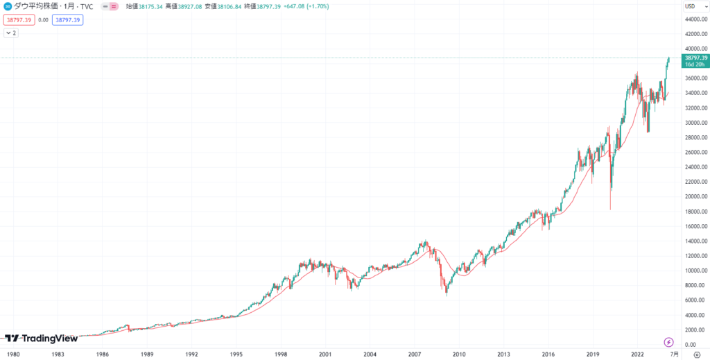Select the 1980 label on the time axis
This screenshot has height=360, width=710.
click(x=14, y=353)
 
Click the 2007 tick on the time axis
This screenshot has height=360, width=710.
click(x=414, y=353)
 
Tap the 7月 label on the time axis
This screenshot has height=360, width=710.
click(x=675, y=353)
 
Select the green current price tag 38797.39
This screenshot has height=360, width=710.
click(x=695, y=58)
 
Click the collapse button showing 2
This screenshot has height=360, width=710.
click(x=12, y=33)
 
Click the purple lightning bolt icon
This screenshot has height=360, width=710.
click(x=668, y=342)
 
